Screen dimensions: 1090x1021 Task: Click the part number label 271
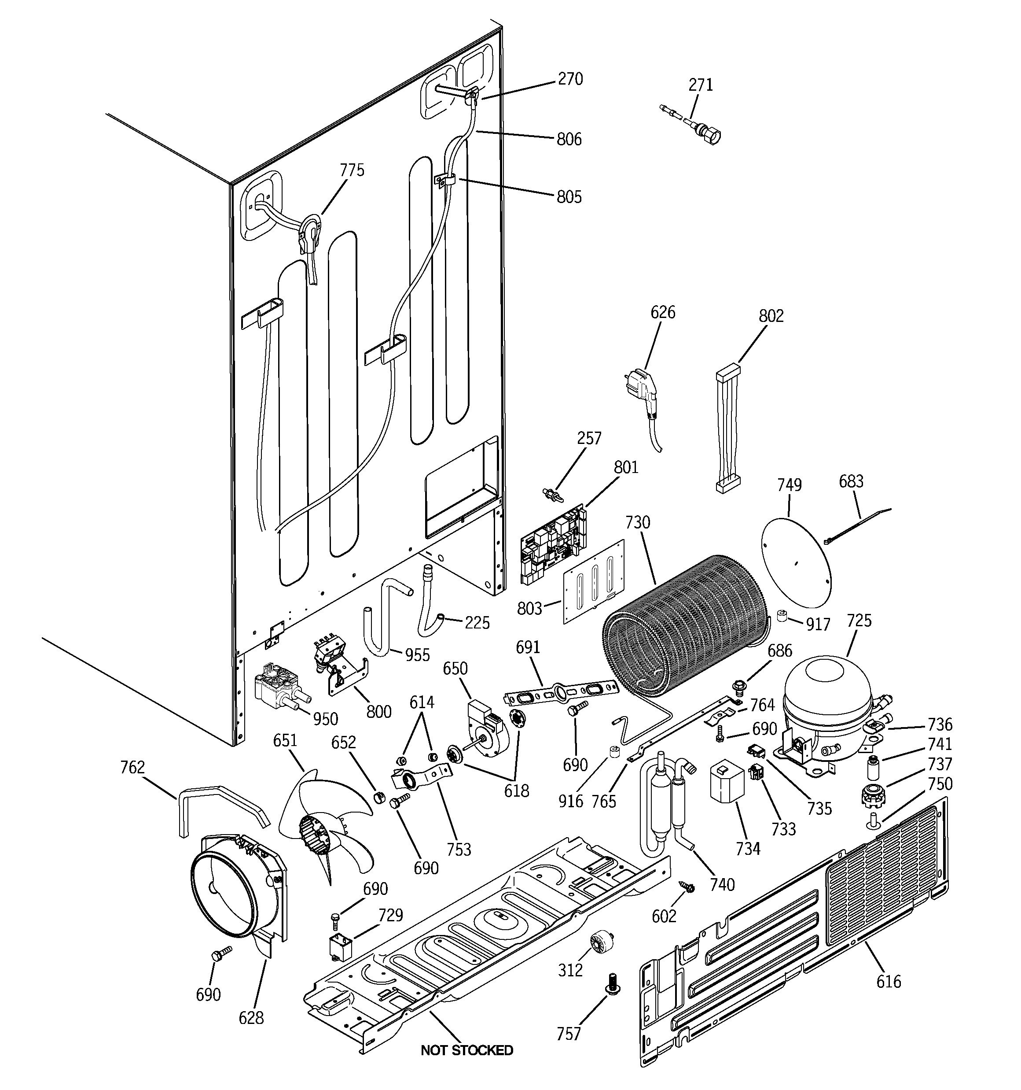coord(700,85)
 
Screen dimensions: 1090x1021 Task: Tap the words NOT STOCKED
coord(466,1050)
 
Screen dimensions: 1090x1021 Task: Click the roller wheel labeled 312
coord(601,942)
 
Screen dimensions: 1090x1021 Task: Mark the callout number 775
coord(352,170)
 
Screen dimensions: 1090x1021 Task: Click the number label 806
coord(569,139)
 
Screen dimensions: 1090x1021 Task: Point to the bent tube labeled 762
coord(219,803)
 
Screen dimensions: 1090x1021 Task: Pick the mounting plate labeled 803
coord(594,581)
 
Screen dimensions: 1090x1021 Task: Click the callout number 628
coord(251,1018)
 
